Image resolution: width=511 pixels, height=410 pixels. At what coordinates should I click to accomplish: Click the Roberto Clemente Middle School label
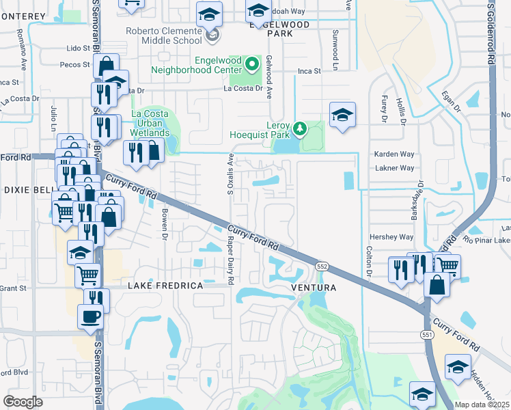click(165, 36)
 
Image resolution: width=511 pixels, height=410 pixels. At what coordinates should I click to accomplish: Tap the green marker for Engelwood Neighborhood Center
click(252, 65)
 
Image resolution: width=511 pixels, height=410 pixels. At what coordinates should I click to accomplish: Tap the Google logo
click(23, 402)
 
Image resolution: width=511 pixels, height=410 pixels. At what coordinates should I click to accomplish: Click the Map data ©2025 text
click(482, 405)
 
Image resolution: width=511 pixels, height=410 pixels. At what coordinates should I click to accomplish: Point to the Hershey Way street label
click(397, 237)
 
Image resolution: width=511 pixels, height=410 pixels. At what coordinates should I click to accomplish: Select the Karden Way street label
click(394, 154)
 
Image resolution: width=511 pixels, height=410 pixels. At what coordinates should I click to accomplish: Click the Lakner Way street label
click(395, 168)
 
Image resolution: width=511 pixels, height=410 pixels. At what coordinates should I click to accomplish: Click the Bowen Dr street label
click(165, 225)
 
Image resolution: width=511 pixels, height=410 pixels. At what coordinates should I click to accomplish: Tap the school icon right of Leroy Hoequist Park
click(342, 114)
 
